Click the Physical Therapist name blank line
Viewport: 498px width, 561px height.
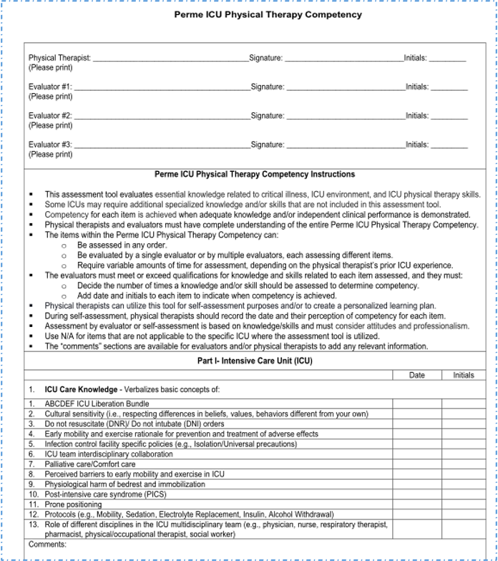click(170, 59)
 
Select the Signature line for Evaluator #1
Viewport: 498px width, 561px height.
click(345, 87)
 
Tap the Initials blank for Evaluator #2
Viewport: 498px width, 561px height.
click(449, 116)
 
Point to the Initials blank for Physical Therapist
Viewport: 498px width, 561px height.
click(447, 59)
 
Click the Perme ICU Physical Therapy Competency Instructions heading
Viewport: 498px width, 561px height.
click(255, 175)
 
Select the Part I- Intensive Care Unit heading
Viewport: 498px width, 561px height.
click(255, 361)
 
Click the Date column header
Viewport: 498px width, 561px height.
click(416, 375)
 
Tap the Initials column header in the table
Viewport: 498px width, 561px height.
click(464, 375)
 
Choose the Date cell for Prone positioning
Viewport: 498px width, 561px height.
click(416, 504)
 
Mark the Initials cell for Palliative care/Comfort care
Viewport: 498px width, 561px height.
click(464, 464)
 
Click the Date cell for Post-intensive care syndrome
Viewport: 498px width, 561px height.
click(416, 494)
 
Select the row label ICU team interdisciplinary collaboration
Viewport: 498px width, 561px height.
click(109, 454)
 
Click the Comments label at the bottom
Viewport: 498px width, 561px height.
click(47, 545)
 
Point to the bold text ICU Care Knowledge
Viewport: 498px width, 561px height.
click(81, 390)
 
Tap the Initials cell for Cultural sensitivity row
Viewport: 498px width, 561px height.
click(464, 414)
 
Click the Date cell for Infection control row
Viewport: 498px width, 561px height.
click(416, 444)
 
